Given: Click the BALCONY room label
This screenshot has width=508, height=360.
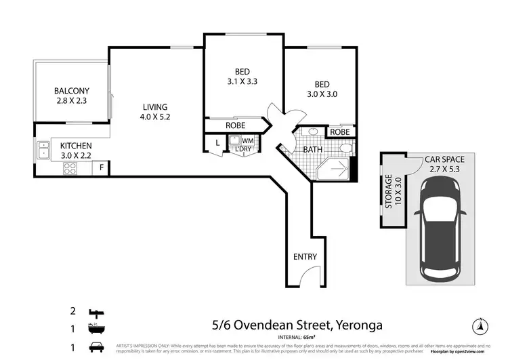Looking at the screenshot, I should click(72, 96).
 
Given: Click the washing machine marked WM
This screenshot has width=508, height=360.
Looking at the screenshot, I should click(238, 141).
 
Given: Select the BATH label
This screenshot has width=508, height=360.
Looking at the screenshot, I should click(312, 149).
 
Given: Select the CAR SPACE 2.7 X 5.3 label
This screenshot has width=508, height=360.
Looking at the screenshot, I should click(444, 165).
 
